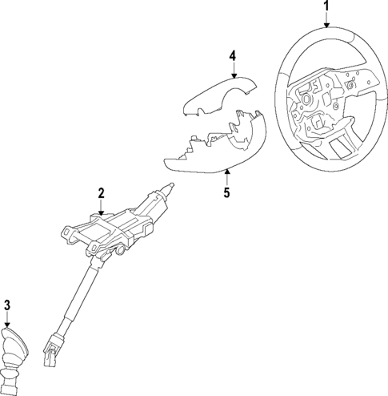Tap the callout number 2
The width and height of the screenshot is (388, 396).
102,192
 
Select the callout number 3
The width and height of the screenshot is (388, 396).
7,304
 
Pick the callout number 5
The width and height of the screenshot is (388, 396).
226,192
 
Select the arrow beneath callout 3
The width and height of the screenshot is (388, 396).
8,319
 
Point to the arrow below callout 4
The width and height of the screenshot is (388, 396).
232,71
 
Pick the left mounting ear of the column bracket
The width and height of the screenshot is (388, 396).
67,232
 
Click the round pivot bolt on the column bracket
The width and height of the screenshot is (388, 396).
119,253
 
